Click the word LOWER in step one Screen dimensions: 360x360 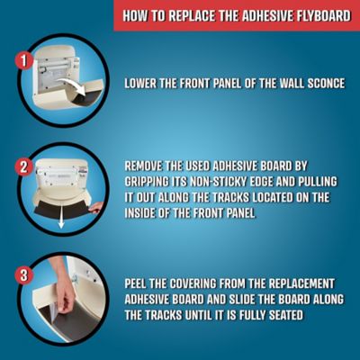144,85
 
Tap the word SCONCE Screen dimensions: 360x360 323,85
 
